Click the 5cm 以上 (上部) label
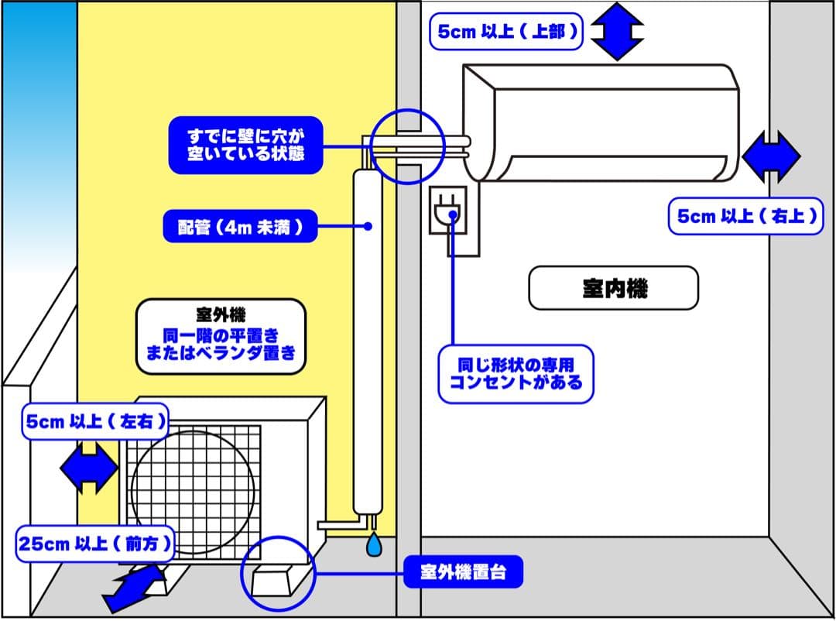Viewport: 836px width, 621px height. coord(506,32)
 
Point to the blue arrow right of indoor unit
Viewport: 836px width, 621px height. coord(771,156)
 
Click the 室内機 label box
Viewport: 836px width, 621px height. coord(613,288)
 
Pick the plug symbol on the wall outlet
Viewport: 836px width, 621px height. coord(447,211)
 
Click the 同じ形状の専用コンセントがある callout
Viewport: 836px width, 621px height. coord(516,374)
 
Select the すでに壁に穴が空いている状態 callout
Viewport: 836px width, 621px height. coord(245,146)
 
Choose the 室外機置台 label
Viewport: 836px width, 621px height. coord(463,573)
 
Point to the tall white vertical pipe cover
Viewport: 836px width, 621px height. coord(367,341)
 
